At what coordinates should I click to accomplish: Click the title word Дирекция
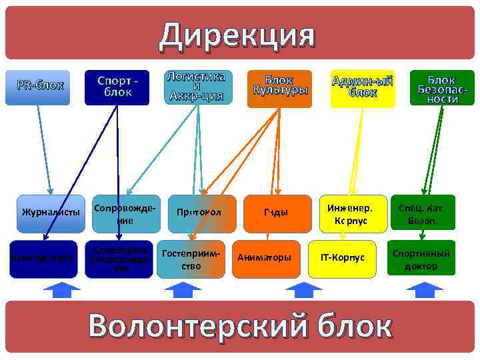[236, 35]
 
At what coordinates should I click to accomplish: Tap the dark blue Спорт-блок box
[117, 87]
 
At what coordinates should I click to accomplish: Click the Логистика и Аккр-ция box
[198, 87]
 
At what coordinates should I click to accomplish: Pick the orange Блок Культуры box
[279, 87]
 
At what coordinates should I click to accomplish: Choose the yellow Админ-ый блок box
[362, 87]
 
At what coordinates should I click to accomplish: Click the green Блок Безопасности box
[441, 87]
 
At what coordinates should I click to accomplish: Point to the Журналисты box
[51, 213]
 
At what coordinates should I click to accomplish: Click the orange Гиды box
[276, 213]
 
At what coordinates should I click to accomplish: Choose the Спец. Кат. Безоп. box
[421, 213]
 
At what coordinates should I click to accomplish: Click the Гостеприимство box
[191, 257]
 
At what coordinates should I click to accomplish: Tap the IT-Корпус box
[343, 257]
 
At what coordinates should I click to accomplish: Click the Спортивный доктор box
[421, 258]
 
